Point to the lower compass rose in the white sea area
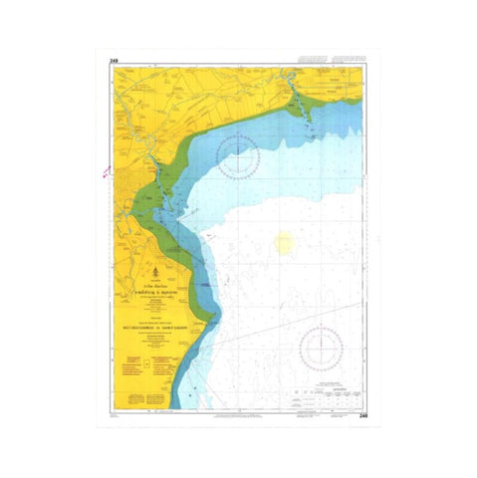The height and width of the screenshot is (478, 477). [x=322, y=348]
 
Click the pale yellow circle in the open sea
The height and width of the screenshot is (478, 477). [x=285, y=241]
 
